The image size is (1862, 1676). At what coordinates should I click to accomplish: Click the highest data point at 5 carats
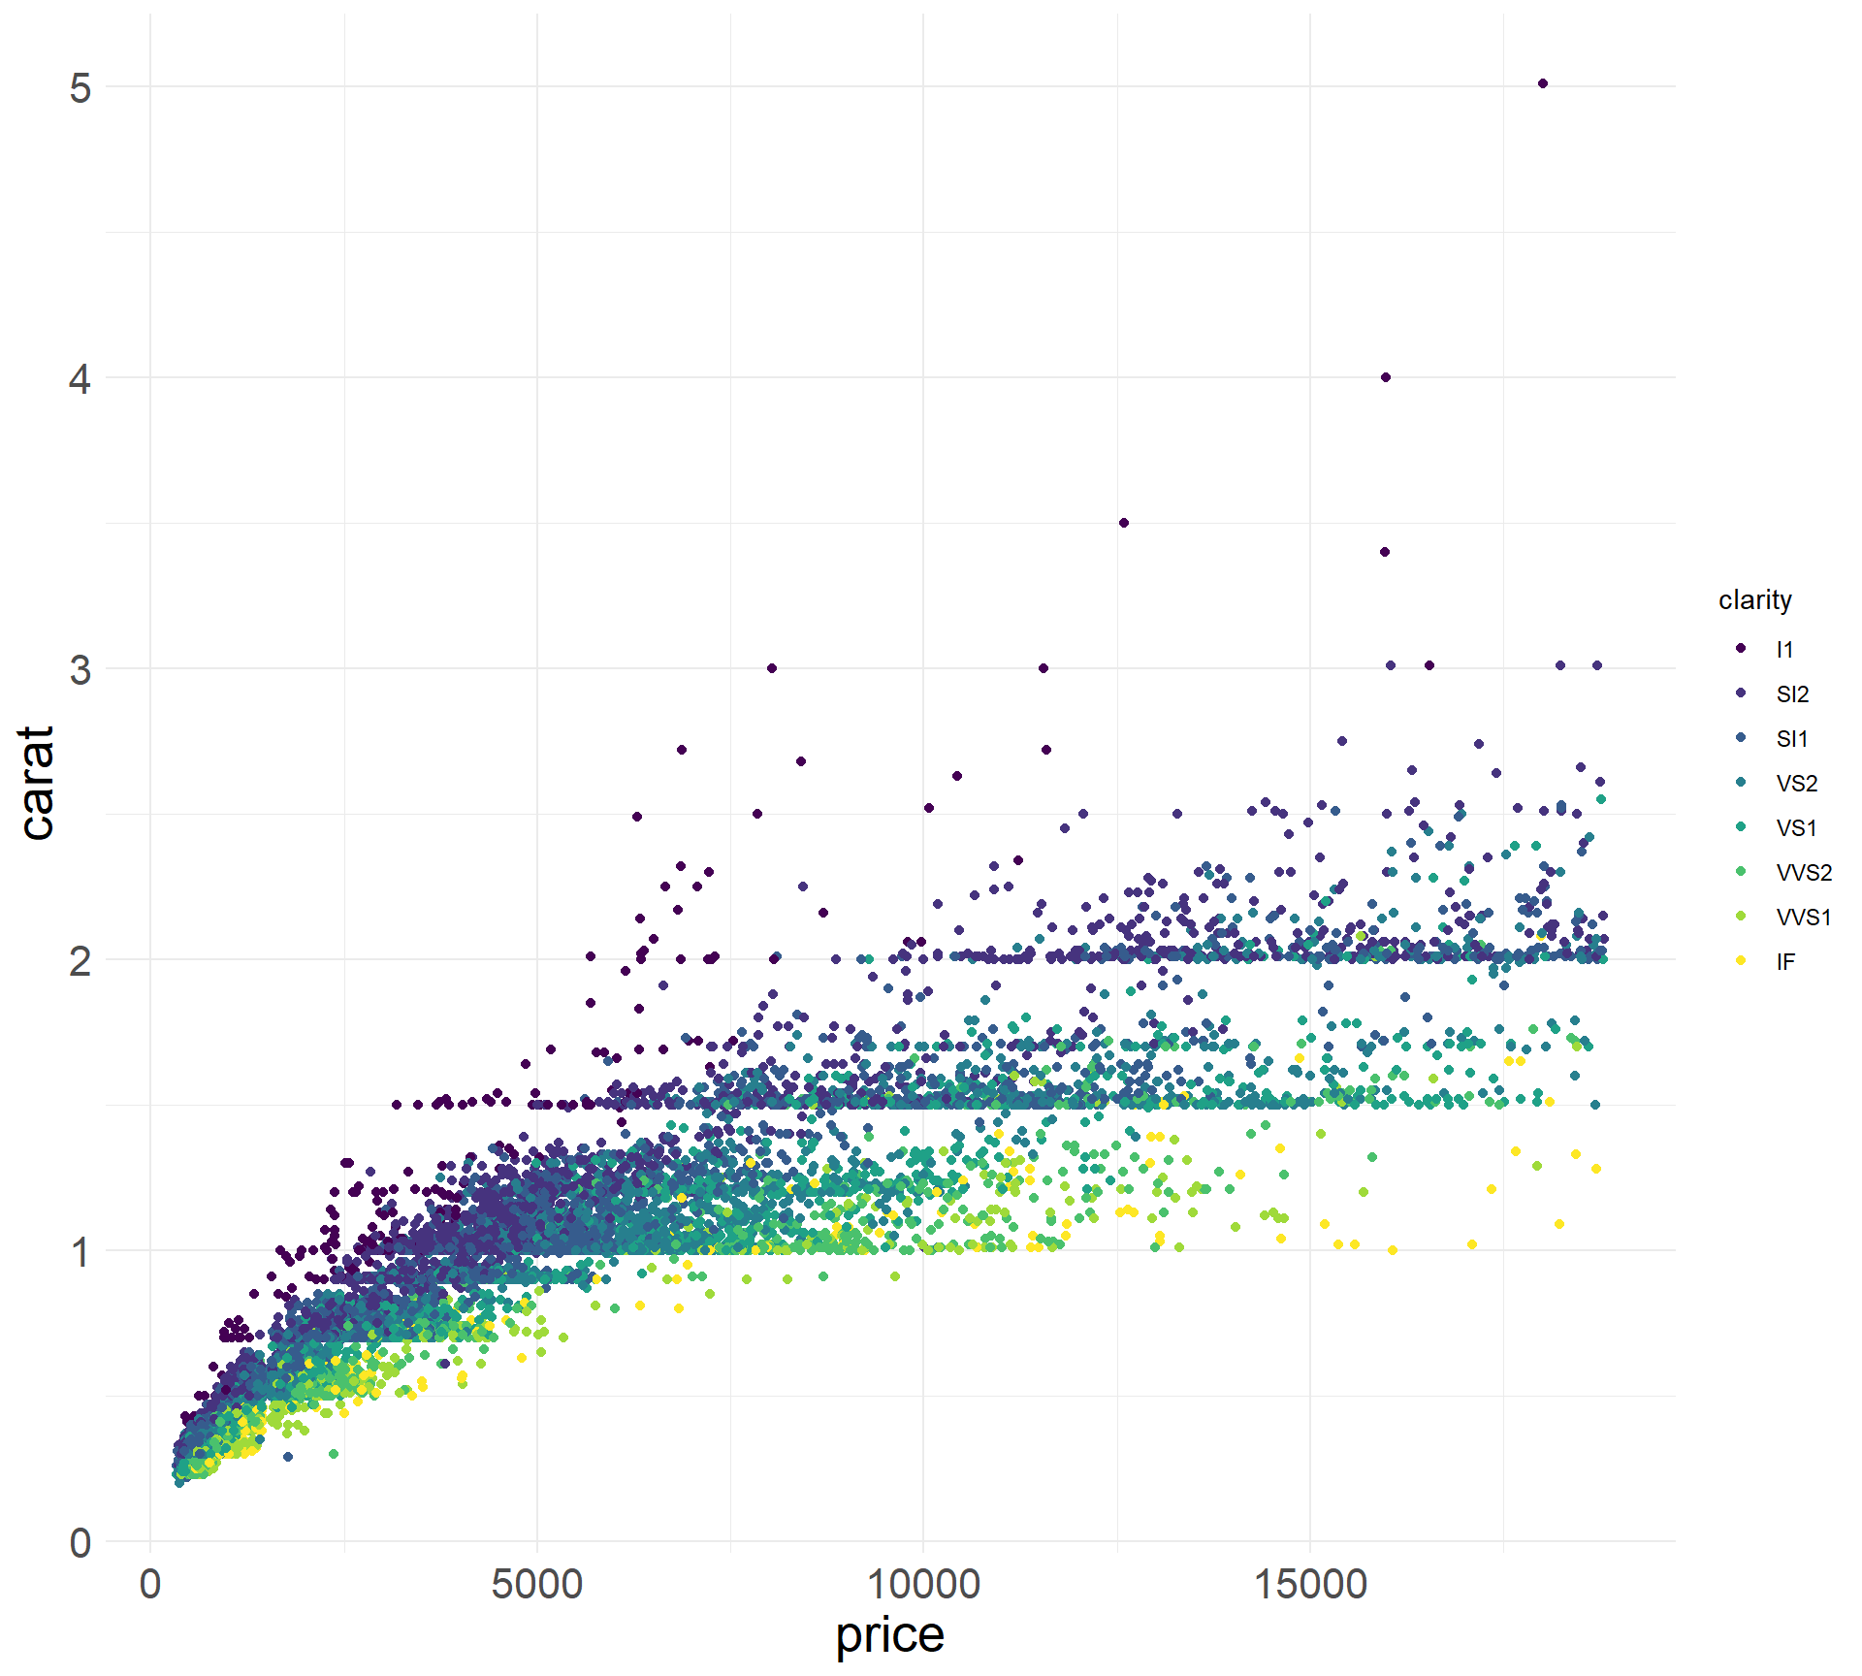tap(1543, 84)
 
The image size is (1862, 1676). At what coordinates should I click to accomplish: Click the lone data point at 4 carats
tap(1386, 377)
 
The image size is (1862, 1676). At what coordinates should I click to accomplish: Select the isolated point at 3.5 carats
tap(1124, 523)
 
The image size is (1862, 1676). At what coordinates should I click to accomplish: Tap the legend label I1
tap(1784, 650)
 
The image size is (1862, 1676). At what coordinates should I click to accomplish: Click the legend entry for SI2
tap(1792, 694)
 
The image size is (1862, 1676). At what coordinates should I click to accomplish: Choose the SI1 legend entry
tap(1792, 739)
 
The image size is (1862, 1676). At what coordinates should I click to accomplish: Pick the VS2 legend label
tap(1796, 784)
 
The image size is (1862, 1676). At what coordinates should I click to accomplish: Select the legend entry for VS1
tap(1796, 828)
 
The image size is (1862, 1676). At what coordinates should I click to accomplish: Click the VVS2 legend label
tap(1804, 873)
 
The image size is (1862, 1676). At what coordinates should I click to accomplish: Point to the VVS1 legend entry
tap(1804, 918)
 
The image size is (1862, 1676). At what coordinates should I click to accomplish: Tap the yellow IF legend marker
tap(1742, 961)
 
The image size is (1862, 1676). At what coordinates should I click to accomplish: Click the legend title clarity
tap(1754, 599)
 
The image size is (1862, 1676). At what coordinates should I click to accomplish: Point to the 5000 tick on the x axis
tap(536, 1584)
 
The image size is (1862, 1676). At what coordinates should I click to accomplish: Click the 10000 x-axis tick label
tap(922, 1584)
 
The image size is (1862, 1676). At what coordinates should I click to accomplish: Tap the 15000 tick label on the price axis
tap(1309, 1584)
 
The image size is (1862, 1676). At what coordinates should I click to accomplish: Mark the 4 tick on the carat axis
tap(80, 378)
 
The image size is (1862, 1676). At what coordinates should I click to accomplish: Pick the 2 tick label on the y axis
tap(80, 960)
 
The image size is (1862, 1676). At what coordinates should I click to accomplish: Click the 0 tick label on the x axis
tap(150, 1584)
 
